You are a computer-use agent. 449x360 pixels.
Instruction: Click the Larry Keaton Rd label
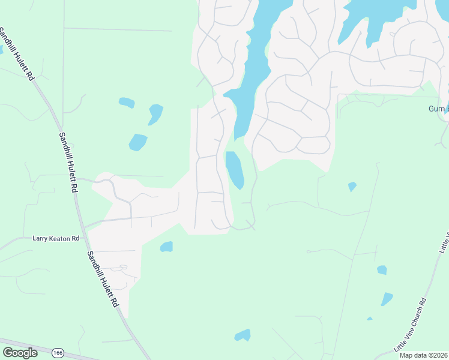pyautogui.click(x=56, y=238)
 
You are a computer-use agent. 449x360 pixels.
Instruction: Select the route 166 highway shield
pyautogui.click(x=58, y=352)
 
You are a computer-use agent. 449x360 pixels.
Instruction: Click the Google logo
pyautogui.click(x=20, y=353)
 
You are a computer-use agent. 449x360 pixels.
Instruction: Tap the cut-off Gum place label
pyautogui.click(x=438, y=109)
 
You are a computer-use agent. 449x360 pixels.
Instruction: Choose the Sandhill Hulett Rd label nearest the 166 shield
pyautogui.click(x=101, y=280)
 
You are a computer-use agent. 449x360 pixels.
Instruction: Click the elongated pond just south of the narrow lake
pyautogui.click(x=234, y=169)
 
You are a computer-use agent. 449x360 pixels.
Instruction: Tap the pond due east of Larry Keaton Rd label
pyautogui.click(x=167, y=247)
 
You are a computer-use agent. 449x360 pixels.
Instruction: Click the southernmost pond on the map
pyautogui.click(x=243, y=335)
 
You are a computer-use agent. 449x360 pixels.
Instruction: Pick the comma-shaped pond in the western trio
pyautogui.click(x=155, y=113)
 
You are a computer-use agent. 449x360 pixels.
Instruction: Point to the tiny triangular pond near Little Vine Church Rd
pyautogui.click(x=370, y=319)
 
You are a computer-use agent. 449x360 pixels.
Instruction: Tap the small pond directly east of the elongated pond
pyautogui.click(x=352, y=187)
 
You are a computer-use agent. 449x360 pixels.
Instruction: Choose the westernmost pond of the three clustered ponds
pyautogui.click(x=127, y=103)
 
